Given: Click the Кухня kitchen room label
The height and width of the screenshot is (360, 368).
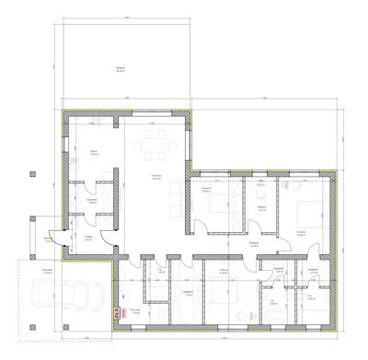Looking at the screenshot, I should [x=93, y=152].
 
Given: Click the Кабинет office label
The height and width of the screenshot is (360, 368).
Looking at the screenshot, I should [x=261, y=209].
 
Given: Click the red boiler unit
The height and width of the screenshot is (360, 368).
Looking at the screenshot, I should [x=116, y=312].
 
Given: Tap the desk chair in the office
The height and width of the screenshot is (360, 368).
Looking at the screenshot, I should [x=261, y=194].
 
